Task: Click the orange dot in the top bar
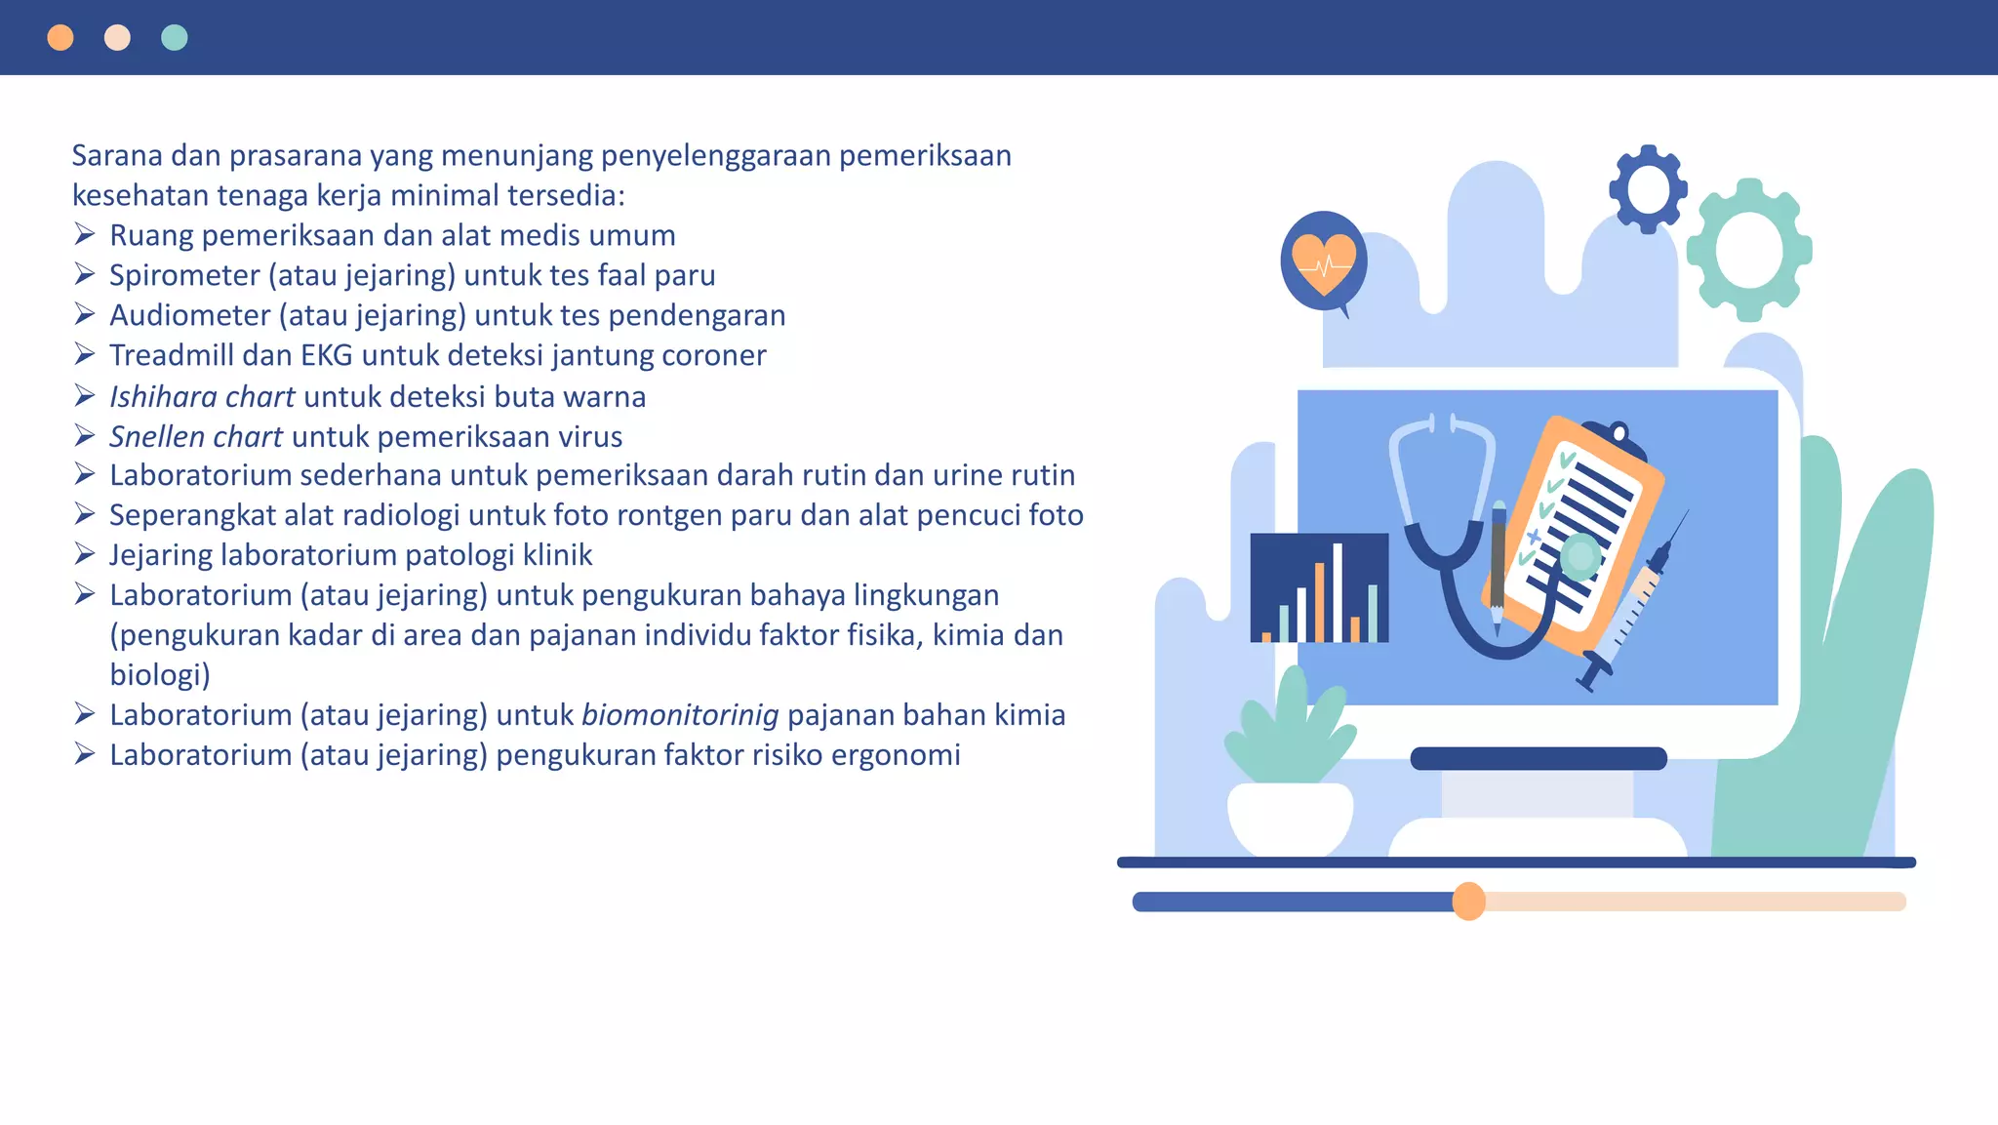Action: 60,38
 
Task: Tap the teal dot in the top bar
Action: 174,38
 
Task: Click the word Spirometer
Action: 184,276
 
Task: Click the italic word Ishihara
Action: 163,397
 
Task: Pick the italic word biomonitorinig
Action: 680,715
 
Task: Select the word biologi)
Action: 160,675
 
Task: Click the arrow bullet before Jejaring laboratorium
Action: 85,554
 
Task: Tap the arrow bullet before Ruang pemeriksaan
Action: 85,234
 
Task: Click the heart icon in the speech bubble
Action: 1323,261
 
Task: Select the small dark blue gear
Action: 1648,189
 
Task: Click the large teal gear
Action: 1749,250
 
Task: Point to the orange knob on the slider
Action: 1468,902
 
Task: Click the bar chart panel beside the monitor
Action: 1319,587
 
